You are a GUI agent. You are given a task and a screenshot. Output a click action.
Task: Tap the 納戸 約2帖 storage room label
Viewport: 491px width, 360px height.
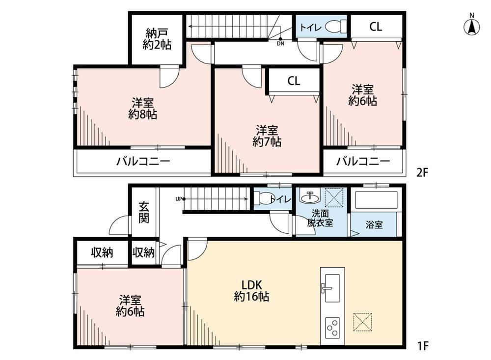(x=157, y=39)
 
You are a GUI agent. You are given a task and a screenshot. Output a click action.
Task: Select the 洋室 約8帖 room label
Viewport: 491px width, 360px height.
(x=142, y=109)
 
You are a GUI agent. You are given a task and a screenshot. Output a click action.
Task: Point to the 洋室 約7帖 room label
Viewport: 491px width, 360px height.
(x=267, y=136)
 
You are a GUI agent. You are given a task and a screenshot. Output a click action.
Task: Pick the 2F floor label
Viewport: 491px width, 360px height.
(x=422, y=172)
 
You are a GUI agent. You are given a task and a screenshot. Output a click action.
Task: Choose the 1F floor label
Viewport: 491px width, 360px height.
(x=423, y=346)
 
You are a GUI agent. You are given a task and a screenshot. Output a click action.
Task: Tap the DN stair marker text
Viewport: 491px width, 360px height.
(x=280, y=44)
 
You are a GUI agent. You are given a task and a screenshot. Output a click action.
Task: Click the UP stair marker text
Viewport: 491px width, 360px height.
(x=179, y=199)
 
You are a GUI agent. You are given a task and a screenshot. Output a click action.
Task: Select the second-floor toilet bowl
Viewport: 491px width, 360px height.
(x=336, y=27)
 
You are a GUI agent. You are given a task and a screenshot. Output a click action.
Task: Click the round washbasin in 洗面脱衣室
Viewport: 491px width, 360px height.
(x=310, y=197)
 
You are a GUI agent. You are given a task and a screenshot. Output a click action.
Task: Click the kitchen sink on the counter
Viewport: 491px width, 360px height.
(x=332, y=288)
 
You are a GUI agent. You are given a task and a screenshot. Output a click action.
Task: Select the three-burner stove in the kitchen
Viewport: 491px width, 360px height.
(x=332, y=328)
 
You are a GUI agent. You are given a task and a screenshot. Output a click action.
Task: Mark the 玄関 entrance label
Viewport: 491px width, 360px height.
(x=144, y=213)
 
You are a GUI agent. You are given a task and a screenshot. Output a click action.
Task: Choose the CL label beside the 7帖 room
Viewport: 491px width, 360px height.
(x=294, y=81)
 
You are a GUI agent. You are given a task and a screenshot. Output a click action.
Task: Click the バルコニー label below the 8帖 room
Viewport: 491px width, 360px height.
(x=143, y=162)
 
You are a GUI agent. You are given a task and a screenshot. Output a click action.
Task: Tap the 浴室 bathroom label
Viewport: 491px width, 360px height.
(x=374, y=224)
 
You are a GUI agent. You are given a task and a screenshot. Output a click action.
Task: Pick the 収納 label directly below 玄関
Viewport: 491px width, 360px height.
(x=143, y=252)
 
